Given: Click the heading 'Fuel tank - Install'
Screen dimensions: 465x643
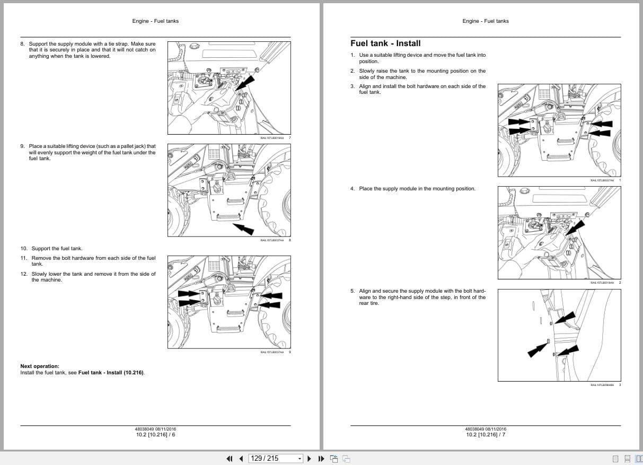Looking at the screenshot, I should (x=385, y=43).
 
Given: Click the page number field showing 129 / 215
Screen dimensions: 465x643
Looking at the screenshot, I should (x=265, y=458).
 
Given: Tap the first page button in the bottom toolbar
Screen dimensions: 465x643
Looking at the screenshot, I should (x=230, y=459).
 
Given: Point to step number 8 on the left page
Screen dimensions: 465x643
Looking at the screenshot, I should (x=22, y=44).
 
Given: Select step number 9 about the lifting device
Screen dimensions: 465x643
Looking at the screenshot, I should (x=22, y=146).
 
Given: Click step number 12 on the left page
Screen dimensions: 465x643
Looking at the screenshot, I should (x=24, y=274).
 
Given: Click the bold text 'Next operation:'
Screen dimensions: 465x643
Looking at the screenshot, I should (x=40, y=366).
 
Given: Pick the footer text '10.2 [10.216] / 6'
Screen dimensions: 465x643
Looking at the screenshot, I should (x=155, y=435).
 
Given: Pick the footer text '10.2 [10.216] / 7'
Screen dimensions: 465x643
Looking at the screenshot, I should (x=486, y=435).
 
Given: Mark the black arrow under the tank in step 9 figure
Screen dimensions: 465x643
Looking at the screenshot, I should (x=243, y=228).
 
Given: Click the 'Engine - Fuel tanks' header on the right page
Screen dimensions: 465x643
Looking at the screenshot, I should (x=485, y=21).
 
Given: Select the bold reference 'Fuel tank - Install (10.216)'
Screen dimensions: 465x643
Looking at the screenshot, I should (x=111, y=373).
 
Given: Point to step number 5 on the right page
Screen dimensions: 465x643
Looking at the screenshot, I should (x=353, y=291).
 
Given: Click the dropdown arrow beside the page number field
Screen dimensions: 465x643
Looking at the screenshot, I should (x=300, y=459).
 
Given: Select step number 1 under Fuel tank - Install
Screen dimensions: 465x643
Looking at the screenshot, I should (x=353, y=55).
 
